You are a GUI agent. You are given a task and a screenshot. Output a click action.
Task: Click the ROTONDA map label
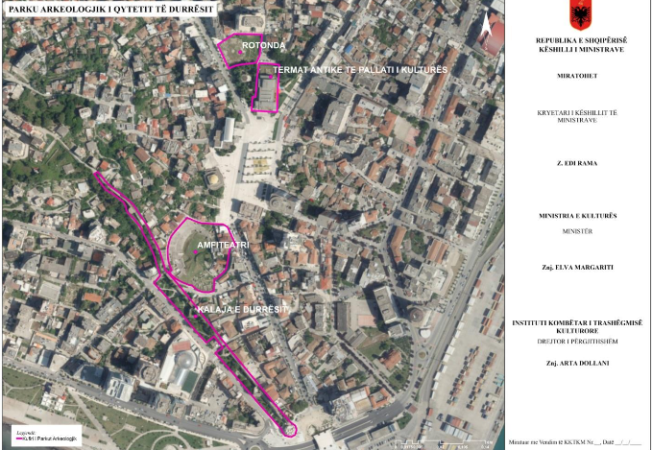[x=264, y=45]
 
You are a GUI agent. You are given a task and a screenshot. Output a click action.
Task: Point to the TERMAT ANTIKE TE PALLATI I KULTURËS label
[x=360, y=70]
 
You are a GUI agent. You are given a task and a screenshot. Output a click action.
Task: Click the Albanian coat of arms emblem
[x=580, y=16]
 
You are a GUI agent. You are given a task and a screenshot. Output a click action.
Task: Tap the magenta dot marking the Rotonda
[x=241, y=51]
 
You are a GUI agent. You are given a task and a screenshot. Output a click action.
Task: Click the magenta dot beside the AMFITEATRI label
[x=194, y=252]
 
